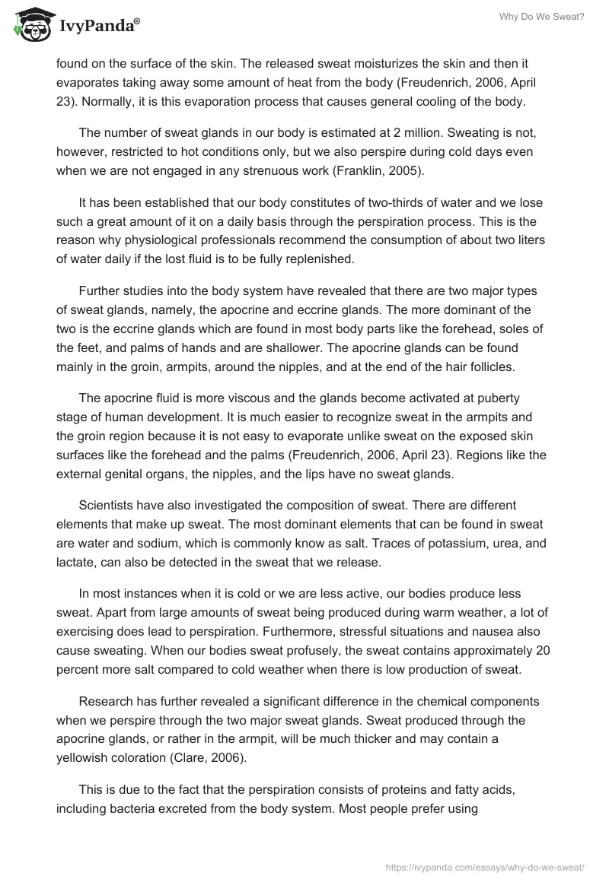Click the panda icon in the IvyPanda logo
pyautogui.click(x=31, y=26)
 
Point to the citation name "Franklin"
pyautogui.click(x=341, y=171)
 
